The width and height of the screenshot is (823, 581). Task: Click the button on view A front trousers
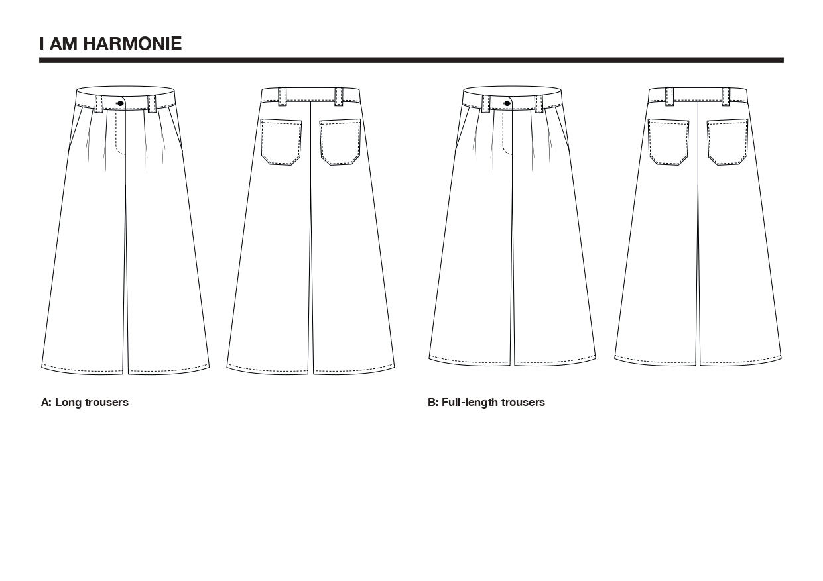[121, 103]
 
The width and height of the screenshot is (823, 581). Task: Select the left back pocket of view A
[281, 142]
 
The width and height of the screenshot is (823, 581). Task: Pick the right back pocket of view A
[340, 142]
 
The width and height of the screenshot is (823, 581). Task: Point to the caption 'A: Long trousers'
[85, 403]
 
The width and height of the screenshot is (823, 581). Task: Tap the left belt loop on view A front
[99, 103]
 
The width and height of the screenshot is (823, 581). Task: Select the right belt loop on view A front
[151, 103]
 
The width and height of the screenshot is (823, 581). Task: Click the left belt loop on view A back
[283, 96]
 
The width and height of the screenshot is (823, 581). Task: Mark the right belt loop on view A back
[339, 96]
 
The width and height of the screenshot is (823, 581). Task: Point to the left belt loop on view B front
[486, 103]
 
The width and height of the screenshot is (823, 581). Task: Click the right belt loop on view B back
[726, 96]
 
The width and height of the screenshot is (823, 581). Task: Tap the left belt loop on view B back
[670, 96]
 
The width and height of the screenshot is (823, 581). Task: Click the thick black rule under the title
[411, 60]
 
